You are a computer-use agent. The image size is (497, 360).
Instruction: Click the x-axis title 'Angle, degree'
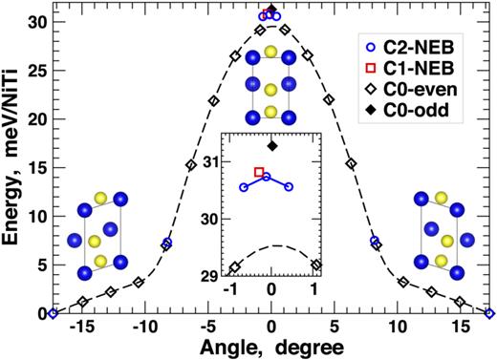[x=271, y=348]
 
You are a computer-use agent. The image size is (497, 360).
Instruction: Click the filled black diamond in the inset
[x=272, y=146]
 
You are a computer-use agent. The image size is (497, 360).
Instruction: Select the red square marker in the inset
[x=259, y=172]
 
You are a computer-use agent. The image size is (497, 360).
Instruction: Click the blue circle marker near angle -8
[x=166, y=244]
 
